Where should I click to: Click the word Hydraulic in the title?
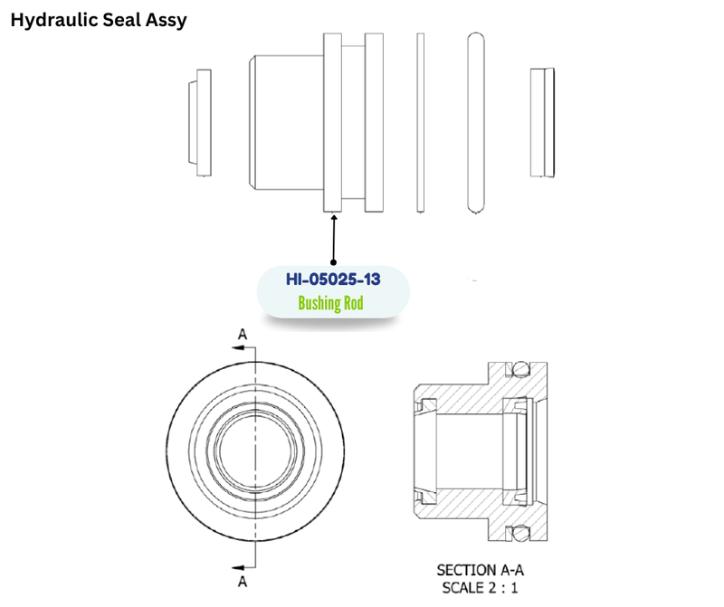pos(53,20)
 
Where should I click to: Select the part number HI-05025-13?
pos(333,280)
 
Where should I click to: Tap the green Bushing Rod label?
pos(330,303)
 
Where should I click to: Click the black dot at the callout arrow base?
pos(333,262)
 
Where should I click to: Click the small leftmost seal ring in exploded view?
pos(200,123)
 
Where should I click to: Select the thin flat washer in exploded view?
pos(420,123)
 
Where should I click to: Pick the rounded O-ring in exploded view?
pos(476,123)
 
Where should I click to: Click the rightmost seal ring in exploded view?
pos(542,123)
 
